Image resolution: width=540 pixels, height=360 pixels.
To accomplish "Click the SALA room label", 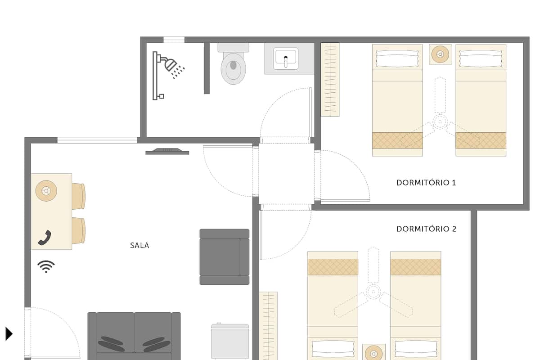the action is click(x=139, y=245).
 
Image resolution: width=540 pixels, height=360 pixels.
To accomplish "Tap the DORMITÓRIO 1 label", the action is click(x=426, y=183).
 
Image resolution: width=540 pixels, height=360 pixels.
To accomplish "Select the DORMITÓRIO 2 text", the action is click(x=427, y=229).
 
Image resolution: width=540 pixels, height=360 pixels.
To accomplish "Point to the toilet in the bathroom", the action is click(x=234, y=63).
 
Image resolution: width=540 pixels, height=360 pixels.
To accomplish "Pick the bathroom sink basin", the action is click(x=286, y=58).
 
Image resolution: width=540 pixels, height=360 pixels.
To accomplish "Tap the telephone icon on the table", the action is click(x=45, y=238).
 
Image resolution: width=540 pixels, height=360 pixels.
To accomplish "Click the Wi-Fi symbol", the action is click(x=46, y=266).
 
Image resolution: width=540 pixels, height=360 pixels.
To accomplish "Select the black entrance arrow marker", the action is click(x=9, y=334).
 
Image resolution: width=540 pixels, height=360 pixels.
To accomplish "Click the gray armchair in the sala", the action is click(x=225, y=257).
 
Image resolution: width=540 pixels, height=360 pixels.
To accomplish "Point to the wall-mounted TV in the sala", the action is click(x=167, y=152).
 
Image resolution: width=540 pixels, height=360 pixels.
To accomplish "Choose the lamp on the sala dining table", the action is click(x=46, y=191).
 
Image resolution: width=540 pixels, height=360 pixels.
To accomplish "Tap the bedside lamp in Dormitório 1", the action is click(x=440, y=54).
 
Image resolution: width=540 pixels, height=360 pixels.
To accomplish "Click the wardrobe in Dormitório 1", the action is click(x=330, y=80).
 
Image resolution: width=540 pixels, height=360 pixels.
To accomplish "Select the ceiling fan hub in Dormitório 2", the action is click(x=373, y=292).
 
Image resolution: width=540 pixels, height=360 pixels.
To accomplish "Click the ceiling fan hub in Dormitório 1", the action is click(x=440, y=122).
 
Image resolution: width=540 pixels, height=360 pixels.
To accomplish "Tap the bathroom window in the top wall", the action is click(x=174, y=40).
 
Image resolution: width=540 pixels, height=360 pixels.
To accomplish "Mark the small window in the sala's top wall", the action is click(x=97, y=140).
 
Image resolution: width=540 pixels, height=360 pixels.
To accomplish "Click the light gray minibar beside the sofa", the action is click(x=230, y=342).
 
